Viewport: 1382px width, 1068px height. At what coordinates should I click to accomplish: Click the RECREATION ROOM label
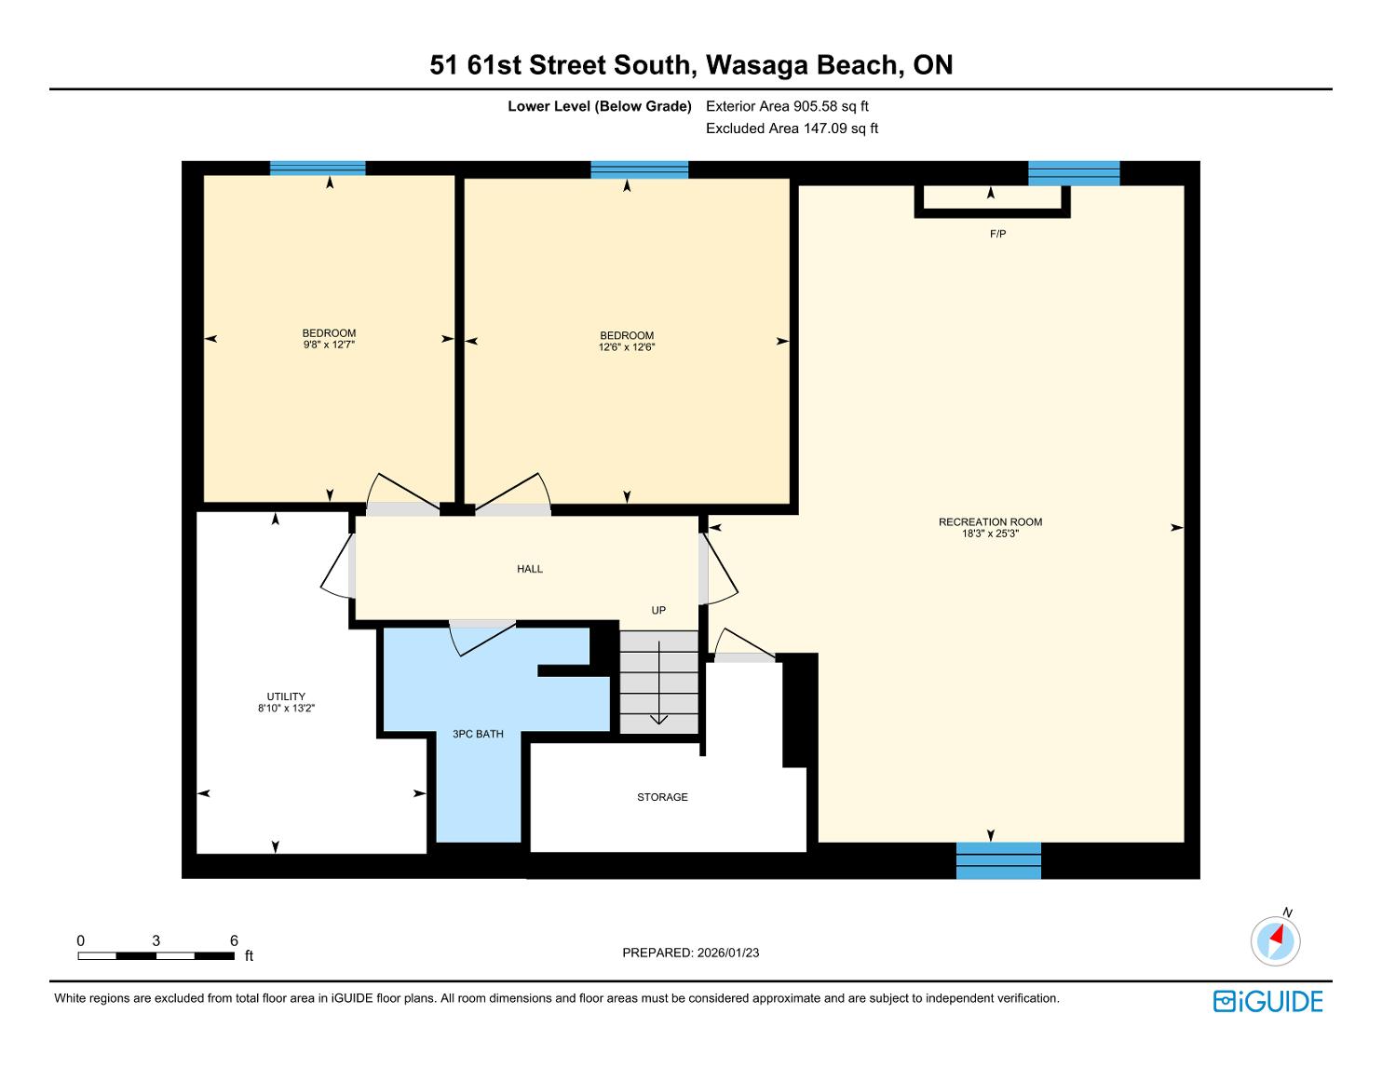point(990,522)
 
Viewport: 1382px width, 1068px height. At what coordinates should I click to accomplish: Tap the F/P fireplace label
point(998,234)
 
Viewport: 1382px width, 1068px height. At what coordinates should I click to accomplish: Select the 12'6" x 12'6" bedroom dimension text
point(627,347)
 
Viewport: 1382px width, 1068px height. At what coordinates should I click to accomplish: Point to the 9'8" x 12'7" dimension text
point(329,345)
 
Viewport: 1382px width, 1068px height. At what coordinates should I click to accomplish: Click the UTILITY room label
point(286,696)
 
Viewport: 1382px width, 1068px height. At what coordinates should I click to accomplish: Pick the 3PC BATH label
point(478,734)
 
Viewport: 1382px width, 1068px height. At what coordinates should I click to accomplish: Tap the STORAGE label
point(662,797)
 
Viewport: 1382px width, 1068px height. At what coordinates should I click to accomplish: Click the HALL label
point(530,569)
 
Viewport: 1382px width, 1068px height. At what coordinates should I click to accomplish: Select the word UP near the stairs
point(658,610)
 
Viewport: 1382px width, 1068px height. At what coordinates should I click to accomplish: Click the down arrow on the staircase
point(659,683)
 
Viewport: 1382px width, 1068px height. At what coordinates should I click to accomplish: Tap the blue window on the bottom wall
point(998,860)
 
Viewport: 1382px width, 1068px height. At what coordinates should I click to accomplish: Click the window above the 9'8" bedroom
point(318,169)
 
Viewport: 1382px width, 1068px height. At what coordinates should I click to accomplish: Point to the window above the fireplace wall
point(1074,173)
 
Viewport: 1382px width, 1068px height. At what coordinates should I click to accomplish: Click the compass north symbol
point(1276,940)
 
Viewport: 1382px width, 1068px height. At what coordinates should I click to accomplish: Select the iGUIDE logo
point(1267,1001)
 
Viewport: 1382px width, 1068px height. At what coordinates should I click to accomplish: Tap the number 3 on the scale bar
point(156,940)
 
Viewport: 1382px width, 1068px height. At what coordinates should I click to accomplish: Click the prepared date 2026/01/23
point(728,953)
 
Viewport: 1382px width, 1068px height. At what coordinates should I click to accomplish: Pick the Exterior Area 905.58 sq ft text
point(787,106)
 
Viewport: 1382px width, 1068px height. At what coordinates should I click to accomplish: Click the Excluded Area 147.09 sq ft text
point(792,128)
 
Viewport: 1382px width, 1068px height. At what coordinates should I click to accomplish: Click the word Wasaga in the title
point(756,66)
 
